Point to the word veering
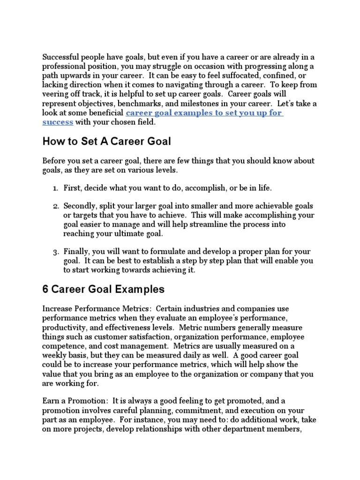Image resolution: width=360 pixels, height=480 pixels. [x=56, y=94]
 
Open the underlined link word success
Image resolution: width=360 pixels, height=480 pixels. [x=58, y=122]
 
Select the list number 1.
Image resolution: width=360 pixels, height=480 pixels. [x=55, y=187]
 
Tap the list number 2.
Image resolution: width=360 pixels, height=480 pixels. [x=55, y=206]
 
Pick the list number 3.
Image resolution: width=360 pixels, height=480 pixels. [x=55, y=252]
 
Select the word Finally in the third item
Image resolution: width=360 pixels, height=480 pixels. [x=76, y=252]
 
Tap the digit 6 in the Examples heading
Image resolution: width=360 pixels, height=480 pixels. [x=45, y=289]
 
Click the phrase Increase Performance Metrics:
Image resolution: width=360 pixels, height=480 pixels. [x=96, y=308]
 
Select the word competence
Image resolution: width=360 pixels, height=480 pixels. [x=64, y=346]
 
